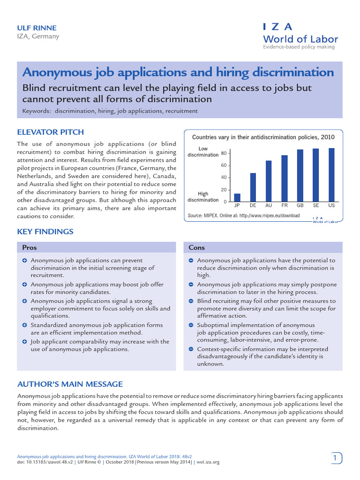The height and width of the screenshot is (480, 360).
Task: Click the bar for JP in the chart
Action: (237, 197)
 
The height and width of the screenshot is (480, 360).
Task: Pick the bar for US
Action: (332, 175)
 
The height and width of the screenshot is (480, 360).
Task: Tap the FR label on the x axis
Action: (284, 206)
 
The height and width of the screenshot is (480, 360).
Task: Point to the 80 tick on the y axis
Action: (224, 154)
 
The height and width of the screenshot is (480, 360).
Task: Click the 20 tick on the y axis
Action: (224, 190)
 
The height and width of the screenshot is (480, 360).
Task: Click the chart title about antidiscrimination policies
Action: (263, 137)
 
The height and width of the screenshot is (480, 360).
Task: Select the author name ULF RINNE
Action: (37, 28)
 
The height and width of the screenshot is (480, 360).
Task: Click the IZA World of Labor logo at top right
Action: (300, 35)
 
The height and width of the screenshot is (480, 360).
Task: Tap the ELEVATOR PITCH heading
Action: (50, 132)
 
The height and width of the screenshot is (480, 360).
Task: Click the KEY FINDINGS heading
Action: (45, 232)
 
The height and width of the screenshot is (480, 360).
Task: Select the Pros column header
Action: (30, 247)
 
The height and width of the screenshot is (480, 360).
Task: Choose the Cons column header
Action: (197, 247)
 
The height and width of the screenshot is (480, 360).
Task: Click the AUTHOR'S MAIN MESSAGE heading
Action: (70, 384)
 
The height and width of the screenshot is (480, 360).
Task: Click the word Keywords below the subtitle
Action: (37, 111)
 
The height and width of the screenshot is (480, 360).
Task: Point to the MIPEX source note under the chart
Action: (243, 216)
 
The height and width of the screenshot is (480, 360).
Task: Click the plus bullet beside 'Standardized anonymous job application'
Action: (24, 325)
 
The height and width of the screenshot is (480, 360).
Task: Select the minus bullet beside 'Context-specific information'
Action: (191, 349)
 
